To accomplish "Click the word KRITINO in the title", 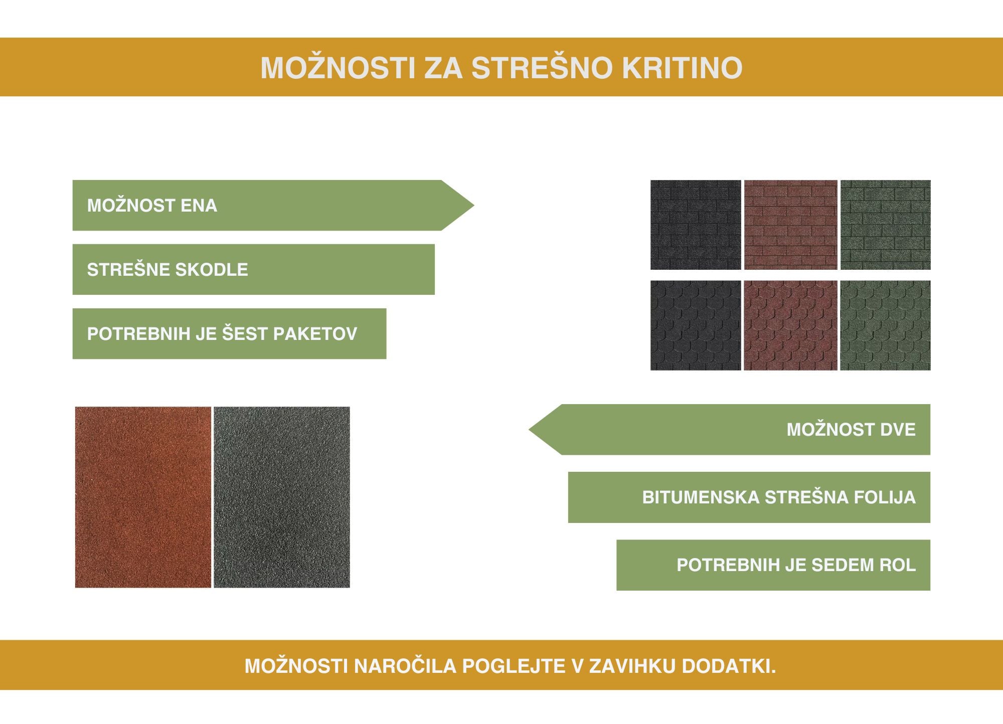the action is pyautogui.click(x=682, y=68).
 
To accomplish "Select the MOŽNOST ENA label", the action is pyautogui.click(x=152, y=206).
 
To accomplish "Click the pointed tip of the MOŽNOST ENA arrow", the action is pyautogui.click(x=474, y=205).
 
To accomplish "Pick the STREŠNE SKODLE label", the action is pyautogui.click(x=168, y=269).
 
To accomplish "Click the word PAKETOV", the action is pyautogui.click(x=315, y=334).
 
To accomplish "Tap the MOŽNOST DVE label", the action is pyautogui.click(x=851, y=430).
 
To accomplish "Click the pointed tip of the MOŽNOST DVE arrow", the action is pyautogui.click(x=529, y=430).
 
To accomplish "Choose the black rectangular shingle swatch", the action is pyautogui.click(x=696, y=225).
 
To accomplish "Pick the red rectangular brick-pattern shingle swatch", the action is pyautogui.click(x=790, y=225).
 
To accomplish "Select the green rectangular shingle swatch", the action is pyautogui.click(x=885, y=225).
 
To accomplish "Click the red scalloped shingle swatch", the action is pyautogui.click(x=790, y=325).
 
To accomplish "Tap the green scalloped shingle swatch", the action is pyautogui.click(x=885, y=325).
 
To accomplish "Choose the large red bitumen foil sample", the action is pyautogui.click(x=143, y=497).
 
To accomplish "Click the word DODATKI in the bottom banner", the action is pyautogui.click(x=729, y=666).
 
